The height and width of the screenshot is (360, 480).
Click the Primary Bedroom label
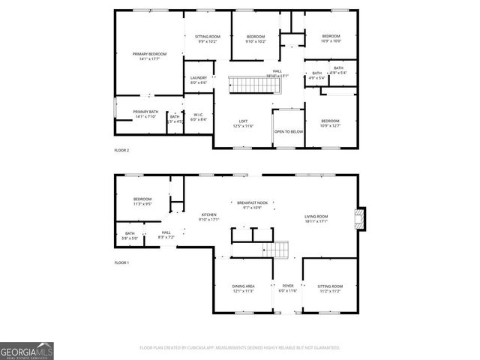point(149,54)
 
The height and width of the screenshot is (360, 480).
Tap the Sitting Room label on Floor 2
point(208,37)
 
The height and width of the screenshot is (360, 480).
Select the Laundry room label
point(199,78)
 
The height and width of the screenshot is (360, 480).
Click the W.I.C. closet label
point(198,115)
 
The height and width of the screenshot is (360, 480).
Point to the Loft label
point(243,121)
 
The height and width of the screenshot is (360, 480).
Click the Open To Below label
point(288,131)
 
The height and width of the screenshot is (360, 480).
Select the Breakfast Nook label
point(252,203)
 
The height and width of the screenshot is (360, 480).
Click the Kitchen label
point(208,214)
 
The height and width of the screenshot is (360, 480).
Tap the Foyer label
point(288,286)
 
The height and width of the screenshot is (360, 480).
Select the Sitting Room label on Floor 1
point(330,286)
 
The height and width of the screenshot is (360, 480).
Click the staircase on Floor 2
point(253,84)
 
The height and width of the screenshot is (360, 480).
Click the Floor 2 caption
point(121,151)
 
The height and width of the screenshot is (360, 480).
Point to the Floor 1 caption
point(121,262)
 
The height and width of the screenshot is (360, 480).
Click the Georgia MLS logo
point(27,351)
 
